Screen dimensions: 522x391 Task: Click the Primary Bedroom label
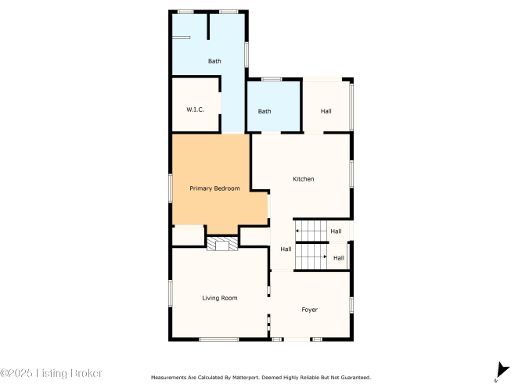214,188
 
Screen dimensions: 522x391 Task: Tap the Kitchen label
304,179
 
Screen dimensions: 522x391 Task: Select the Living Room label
220,298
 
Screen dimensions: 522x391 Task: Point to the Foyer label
309,310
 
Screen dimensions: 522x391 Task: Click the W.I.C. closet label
195,109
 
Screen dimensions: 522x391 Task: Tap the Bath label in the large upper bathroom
214,61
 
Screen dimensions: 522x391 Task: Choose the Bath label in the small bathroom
265,111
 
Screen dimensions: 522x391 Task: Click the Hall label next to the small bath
326,111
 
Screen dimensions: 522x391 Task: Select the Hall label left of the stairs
286,249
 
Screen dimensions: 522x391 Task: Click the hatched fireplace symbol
222,243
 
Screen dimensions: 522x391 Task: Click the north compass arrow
502,371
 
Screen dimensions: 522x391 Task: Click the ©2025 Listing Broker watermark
51,373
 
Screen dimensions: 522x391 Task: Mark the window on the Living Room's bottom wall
219,339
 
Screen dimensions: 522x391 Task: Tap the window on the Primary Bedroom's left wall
170,188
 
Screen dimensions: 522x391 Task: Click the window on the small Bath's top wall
272,79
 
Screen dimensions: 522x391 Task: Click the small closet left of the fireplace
188,236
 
